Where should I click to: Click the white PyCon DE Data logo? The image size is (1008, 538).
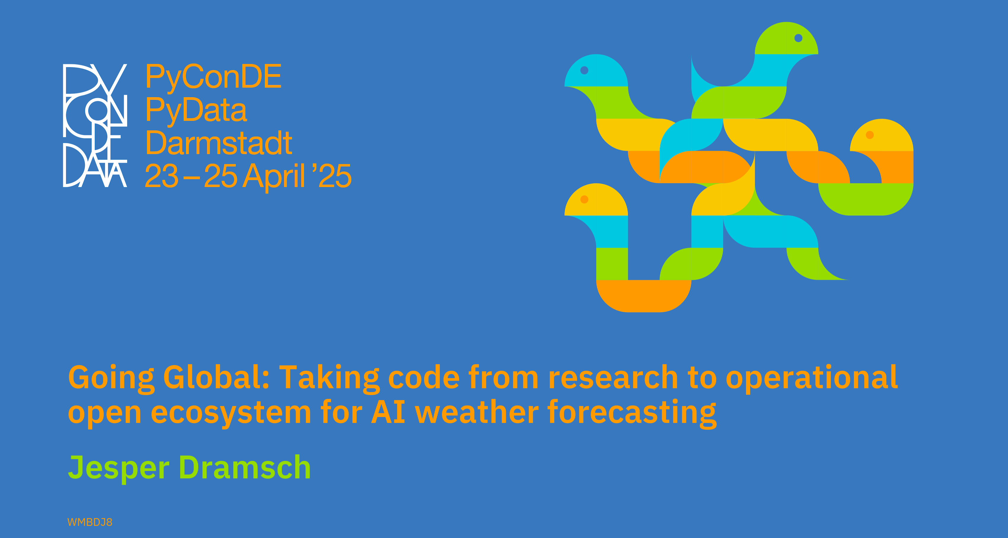click(x=95, y=125)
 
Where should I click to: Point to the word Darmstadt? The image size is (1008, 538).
click(x=219, y=143)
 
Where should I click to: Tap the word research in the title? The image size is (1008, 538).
click(x=613, y=377)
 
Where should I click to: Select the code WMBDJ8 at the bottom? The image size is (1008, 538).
click(x=90, y=522)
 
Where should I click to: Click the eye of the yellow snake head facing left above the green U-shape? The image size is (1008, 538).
click(x=870, y=135)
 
